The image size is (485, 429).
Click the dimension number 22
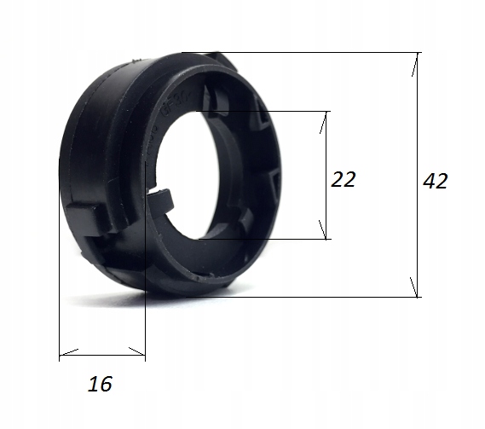click(x=343, y=179)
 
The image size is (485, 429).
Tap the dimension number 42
click(x=435, y=181)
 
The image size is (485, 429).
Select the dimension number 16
click(x=100, y=385)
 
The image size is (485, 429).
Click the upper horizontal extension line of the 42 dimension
click(x=324, y=53)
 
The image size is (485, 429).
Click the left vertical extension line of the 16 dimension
click(x=59, y=281)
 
